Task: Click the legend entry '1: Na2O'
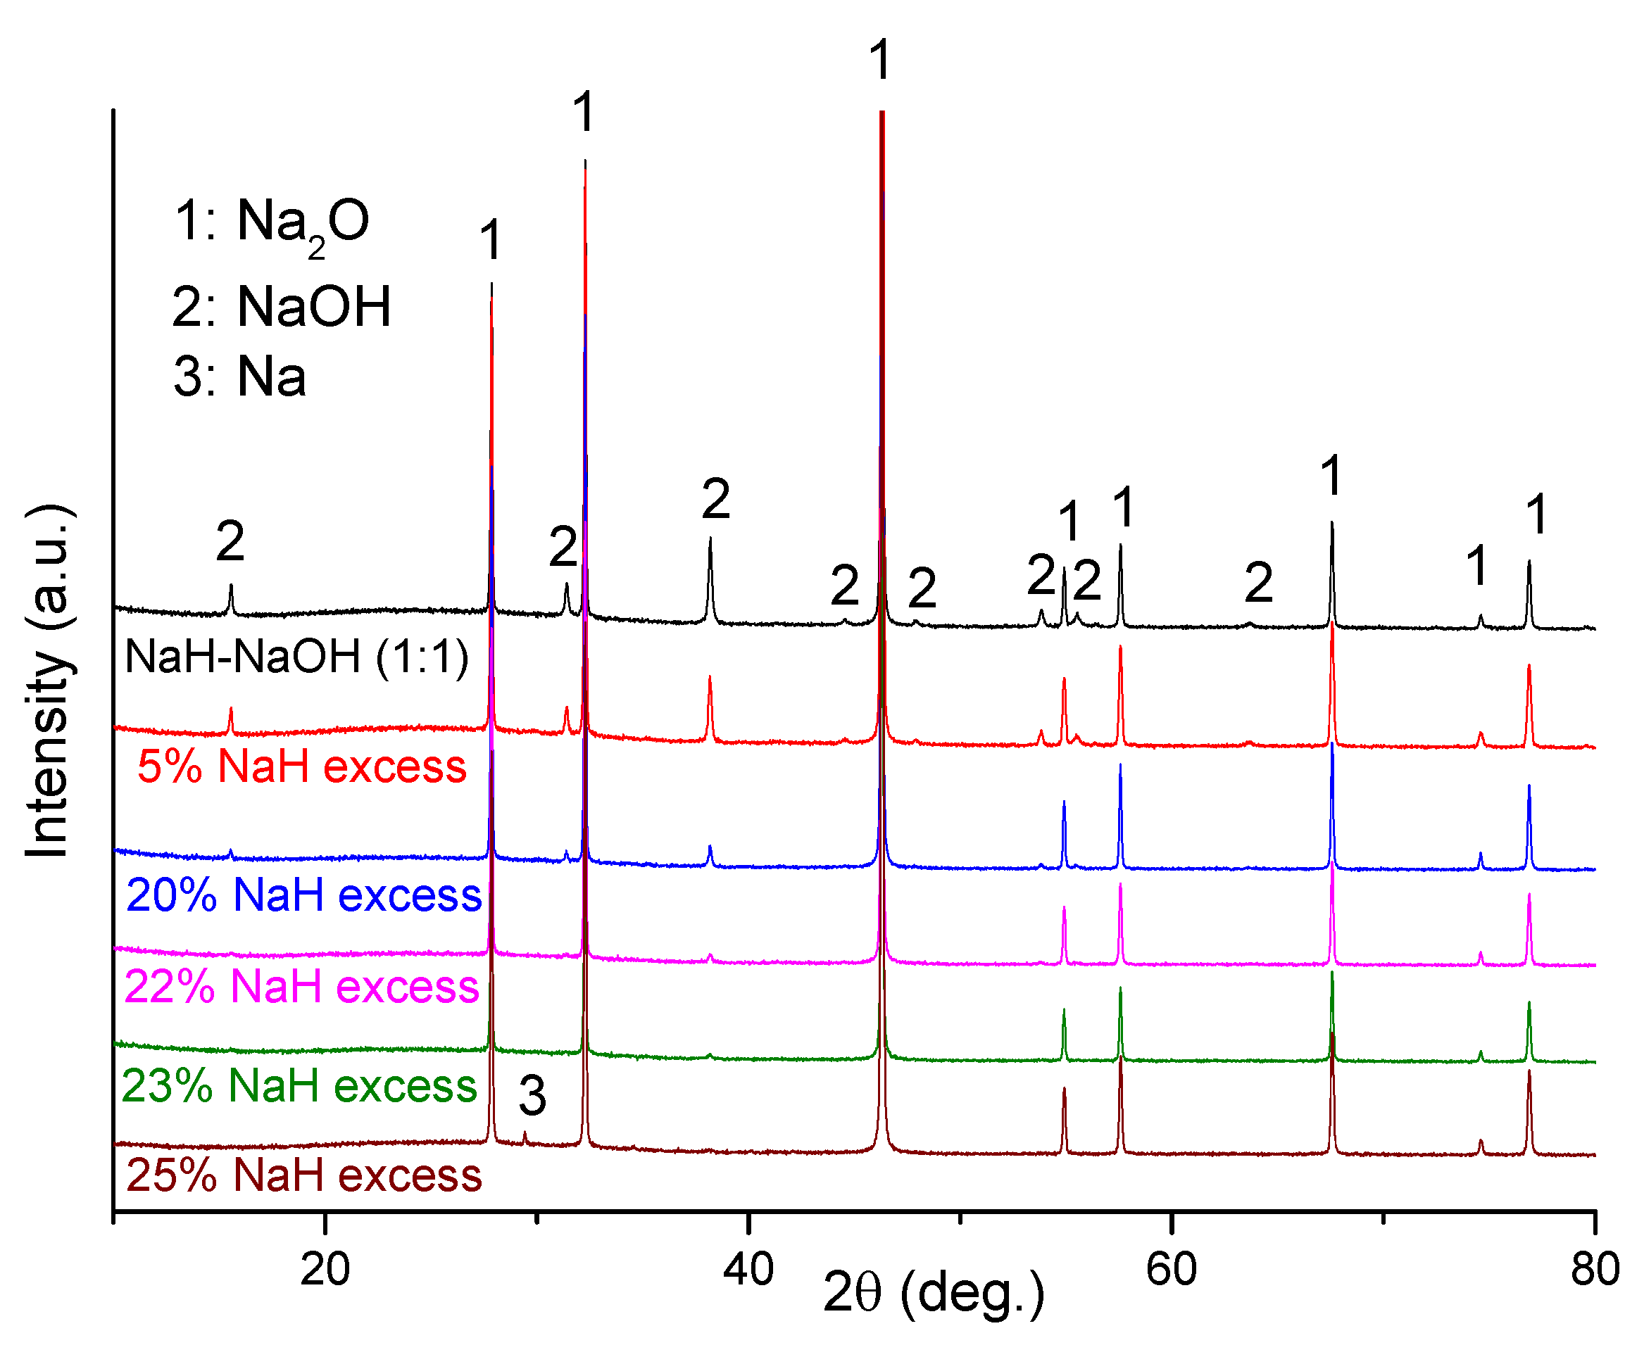click(x=272, y=222)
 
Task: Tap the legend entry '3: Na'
click(x=240, y=377)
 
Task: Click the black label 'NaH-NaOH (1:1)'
click(x=297, y=657)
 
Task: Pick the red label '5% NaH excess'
click(x=302, y=767)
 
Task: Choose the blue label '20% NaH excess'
click(x=304, y=896)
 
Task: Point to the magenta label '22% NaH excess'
click(x=302, y=987)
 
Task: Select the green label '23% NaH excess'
click(x=299, y=1086)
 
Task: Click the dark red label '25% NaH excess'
click(x=304, y=1175)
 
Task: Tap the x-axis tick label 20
click(x=325, y=1270)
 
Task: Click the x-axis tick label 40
click(x=748, y=1270)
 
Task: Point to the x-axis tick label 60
click(x=1172, y=1270)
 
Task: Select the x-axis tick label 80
click(x=1594, y=1270)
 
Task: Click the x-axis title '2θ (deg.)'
click(x=934, y=1293)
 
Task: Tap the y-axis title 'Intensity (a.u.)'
click(x=48, y=681)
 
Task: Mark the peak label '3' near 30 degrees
click(x=532, y=1096)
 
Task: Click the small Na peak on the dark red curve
click(x=525, y=1137)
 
